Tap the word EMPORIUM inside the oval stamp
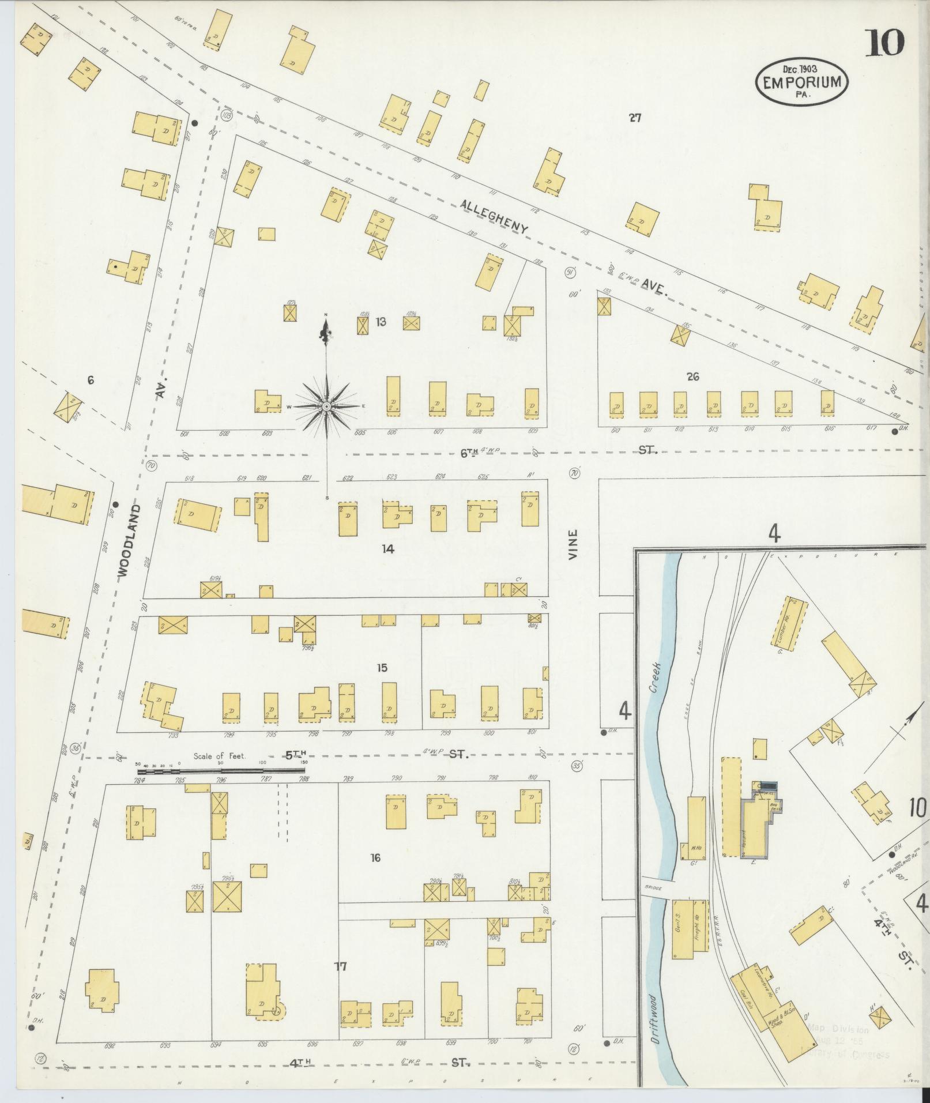click(x=801, y=83)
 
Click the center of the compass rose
click(x=326, y=406)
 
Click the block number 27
click(x=635, y=118)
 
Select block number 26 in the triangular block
click(x=692, y=377)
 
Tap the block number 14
click(x=387, y=549)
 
